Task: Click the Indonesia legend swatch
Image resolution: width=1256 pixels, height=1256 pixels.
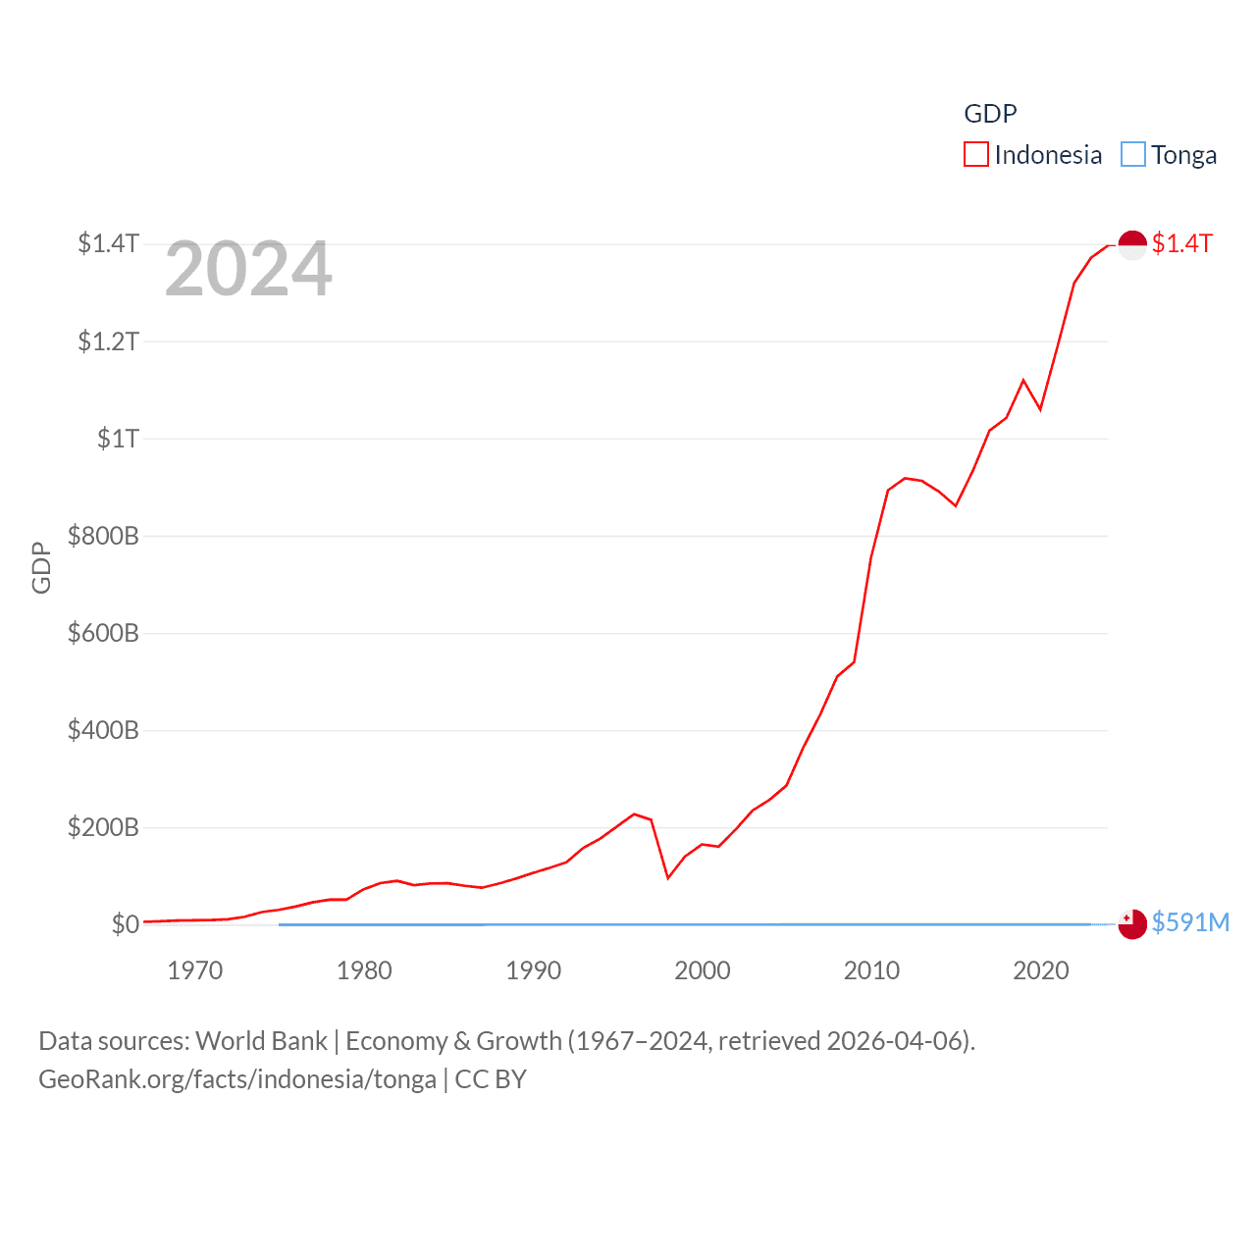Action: pos(975,155)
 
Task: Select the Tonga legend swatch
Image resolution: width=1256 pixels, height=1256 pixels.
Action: pos(1132,155)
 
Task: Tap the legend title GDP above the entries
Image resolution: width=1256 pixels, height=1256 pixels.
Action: pos(990,114)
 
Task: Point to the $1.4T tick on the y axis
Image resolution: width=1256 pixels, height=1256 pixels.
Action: pos(108,243)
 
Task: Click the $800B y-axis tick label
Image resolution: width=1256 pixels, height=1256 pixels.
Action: pos(102,536)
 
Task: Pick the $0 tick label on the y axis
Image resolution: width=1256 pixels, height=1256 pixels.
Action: pos(125,924)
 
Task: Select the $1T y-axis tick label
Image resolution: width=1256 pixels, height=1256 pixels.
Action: pos(118,439)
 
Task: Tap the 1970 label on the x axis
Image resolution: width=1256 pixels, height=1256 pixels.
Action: pos(194,971)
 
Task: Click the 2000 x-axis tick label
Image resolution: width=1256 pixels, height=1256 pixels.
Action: pos(703,971)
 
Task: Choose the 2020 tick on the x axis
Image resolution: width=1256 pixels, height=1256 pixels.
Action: pos(1040,971)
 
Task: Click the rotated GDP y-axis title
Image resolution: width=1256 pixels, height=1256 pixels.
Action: pos(41,567)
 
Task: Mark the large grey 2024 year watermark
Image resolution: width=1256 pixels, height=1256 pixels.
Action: pos(248,269)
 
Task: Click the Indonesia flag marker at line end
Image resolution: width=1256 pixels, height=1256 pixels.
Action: pos(1132,244)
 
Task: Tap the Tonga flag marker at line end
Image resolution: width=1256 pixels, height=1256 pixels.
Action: pos(1132,924)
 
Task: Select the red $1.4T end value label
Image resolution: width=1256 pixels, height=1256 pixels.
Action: pos(1182,243)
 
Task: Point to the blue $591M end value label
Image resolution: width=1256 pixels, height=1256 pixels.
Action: pos(1190,922)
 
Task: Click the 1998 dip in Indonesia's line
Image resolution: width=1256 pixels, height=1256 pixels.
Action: pos(667,877)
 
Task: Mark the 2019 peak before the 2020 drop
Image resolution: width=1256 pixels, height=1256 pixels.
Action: pos(1023,380)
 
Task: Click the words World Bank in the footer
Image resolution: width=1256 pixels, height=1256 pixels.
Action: pos(261,1041)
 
